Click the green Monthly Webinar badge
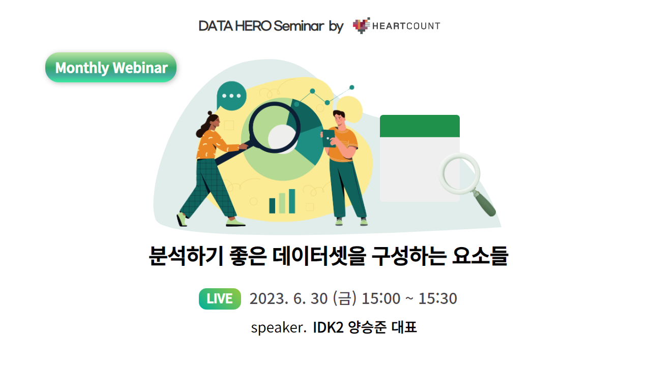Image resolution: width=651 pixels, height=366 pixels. [111, 68]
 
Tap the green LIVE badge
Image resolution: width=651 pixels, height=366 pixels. [220, 298]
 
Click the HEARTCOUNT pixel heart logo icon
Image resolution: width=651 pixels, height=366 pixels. [361, 25]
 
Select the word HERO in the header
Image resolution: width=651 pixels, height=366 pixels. [253, 26]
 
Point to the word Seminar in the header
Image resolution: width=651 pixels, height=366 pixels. [299, 26]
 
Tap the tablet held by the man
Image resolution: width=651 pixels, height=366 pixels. [329, 138]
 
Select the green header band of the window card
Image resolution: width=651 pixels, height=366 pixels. [420, 126]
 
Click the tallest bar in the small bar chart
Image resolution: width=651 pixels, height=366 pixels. [292, 201]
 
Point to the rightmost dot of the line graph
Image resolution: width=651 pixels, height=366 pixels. [351, 87]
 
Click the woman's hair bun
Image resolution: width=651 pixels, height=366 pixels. [210, 113]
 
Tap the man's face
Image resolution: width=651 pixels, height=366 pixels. [339, 119]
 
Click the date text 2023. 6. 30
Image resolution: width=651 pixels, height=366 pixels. [288, 298]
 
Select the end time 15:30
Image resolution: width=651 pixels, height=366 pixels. [438, 298]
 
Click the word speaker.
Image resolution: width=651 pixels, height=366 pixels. [279, 328]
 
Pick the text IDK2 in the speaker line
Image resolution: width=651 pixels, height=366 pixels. [328, 327]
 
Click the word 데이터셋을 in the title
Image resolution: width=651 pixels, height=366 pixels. [319, 256]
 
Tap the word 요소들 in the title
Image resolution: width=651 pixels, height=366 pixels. [480, 256]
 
